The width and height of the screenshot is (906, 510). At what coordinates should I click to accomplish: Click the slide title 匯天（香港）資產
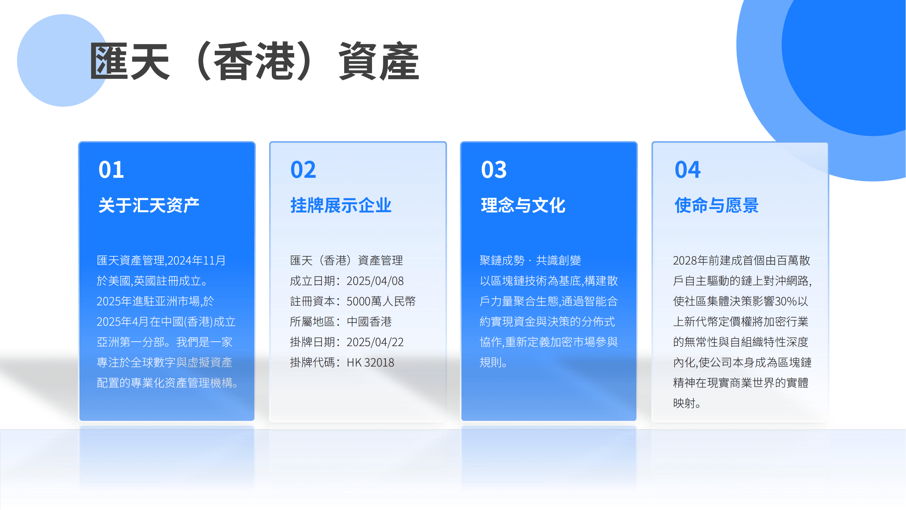tap(254, 61)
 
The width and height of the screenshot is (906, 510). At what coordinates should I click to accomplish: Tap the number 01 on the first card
tap(111, 170)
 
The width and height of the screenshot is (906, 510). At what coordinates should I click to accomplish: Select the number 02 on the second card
tap(303, 170)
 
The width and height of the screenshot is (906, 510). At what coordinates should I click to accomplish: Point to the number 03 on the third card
tap(494, 170)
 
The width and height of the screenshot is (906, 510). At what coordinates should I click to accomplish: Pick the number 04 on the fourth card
tap(688, 170)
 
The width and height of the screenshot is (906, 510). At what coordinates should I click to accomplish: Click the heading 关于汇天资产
tap(149, 205)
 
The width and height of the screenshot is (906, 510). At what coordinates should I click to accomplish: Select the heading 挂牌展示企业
tap(341, 205)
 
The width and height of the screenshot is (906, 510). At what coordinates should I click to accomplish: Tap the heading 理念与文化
tap(523, 205)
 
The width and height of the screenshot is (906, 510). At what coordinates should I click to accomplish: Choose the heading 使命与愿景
tap(716, 205)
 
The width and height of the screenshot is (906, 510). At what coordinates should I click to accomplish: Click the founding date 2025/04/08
tap(375, 281)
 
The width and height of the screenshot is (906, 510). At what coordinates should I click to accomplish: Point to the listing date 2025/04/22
tap(375, 342)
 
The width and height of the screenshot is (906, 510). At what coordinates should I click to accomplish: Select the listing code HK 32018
tap(370, 362)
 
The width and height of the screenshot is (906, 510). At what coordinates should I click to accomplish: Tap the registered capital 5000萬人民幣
tap(381, 301)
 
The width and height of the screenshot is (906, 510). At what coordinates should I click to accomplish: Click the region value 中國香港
tap(369, 322)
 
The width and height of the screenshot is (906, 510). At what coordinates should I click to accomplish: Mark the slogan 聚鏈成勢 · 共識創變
tap(530, 260)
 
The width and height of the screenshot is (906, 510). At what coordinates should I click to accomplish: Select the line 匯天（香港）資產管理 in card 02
tap(347, 260)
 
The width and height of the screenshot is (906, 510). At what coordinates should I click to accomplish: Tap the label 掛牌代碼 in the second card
tap(312, 362)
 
